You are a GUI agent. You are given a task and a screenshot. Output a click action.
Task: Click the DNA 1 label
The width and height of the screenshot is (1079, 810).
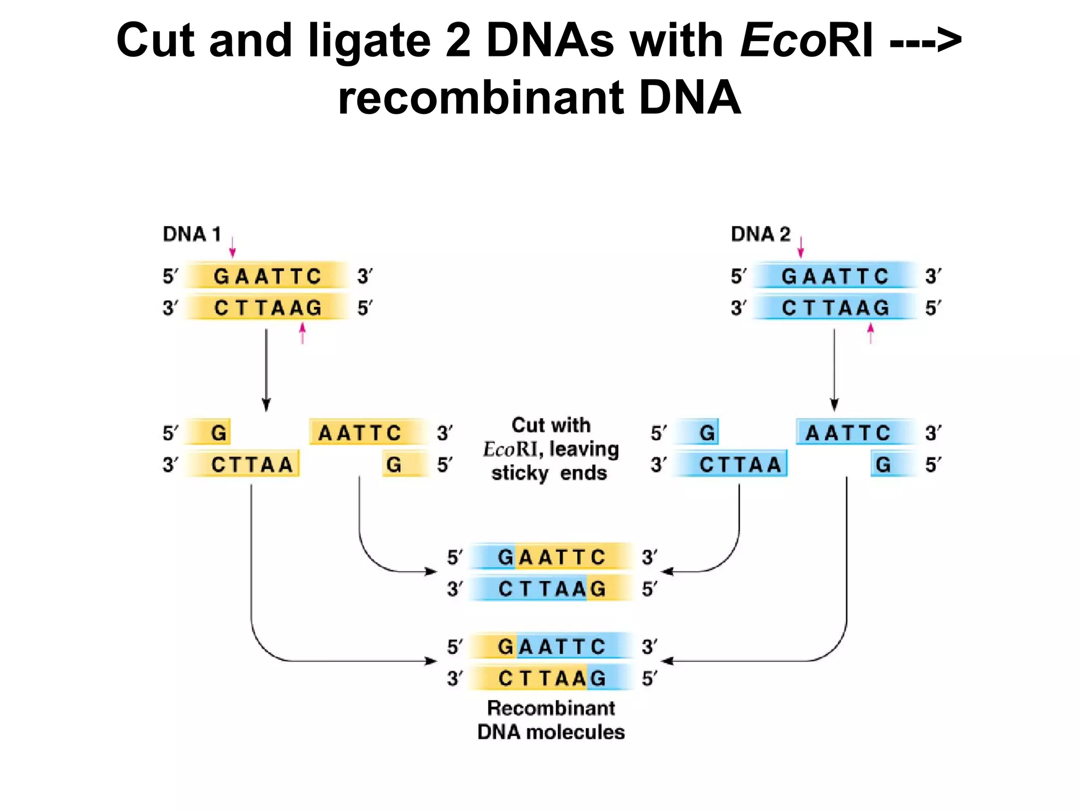click(x=192, y=234)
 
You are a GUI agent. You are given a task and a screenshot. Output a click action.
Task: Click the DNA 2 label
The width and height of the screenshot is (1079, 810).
click(x=760, y=234)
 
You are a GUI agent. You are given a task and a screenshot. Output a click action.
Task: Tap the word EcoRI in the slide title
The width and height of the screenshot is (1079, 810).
click(x=807, y=41)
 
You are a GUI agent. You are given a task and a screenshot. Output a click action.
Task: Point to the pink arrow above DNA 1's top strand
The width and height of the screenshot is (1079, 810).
click(x=232, y=246)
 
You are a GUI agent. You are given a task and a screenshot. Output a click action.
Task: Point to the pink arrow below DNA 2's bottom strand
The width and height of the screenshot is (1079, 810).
click(x=870, y=333)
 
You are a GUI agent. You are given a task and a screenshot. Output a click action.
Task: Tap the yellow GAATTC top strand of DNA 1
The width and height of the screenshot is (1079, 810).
click(x=267, y=276)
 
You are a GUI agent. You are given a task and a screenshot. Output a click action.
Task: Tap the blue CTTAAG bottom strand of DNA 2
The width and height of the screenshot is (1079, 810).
click(x=835, y=307)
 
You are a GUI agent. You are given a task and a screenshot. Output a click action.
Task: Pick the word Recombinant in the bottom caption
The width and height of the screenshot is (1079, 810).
click(x=551, y=708)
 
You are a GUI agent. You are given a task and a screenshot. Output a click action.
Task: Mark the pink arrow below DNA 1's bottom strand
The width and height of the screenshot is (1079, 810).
click(x=302, y=333)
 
